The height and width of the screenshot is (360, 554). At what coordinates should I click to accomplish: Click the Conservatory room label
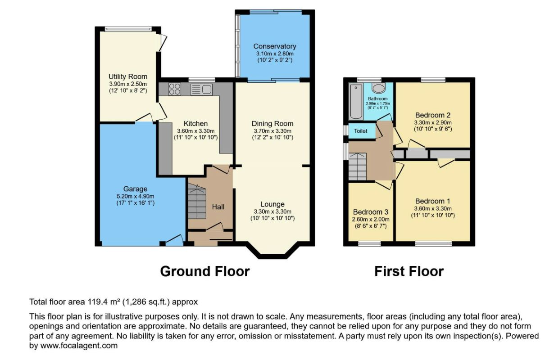[x=275, y=46]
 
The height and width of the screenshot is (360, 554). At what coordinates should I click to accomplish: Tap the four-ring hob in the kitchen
[x=174, y=89]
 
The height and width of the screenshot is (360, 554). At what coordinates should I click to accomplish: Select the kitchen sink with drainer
[x=201, y=90]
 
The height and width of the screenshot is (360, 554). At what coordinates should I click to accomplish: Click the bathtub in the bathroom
[x=356, y=102]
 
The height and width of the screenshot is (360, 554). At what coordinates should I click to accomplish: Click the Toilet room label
[x=360, y=131]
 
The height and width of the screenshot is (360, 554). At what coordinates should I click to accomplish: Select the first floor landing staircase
[x=357, y=166]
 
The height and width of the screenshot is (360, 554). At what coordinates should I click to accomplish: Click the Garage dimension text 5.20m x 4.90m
[x=135, y=197]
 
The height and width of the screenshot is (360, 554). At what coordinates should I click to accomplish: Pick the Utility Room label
[x=128, y=76]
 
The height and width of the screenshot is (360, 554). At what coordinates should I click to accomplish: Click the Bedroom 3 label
[x=371, y=212]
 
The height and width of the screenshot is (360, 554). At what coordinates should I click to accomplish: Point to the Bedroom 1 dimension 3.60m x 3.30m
[x=433, y=208]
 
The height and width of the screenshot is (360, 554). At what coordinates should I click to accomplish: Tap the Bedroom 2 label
[x=432, y=115]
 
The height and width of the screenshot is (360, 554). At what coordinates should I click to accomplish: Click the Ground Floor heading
[x=205, y=271]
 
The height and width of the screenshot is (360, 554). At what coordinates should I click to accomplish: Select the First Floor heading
[x=409, y=271]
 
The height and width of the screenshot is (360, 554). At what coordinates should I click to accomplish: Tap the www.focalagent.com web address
[x=79, y=346]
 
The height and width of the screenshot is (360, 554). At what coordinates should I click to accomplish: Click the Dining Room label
[x=272, y=124]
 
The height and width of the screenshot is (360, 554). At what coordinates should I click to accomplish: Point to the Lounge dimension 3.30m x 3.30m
[x=272, y=212]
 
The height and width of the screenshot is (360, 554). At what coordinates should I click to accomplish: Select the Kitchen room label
[x=195, y=124]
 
